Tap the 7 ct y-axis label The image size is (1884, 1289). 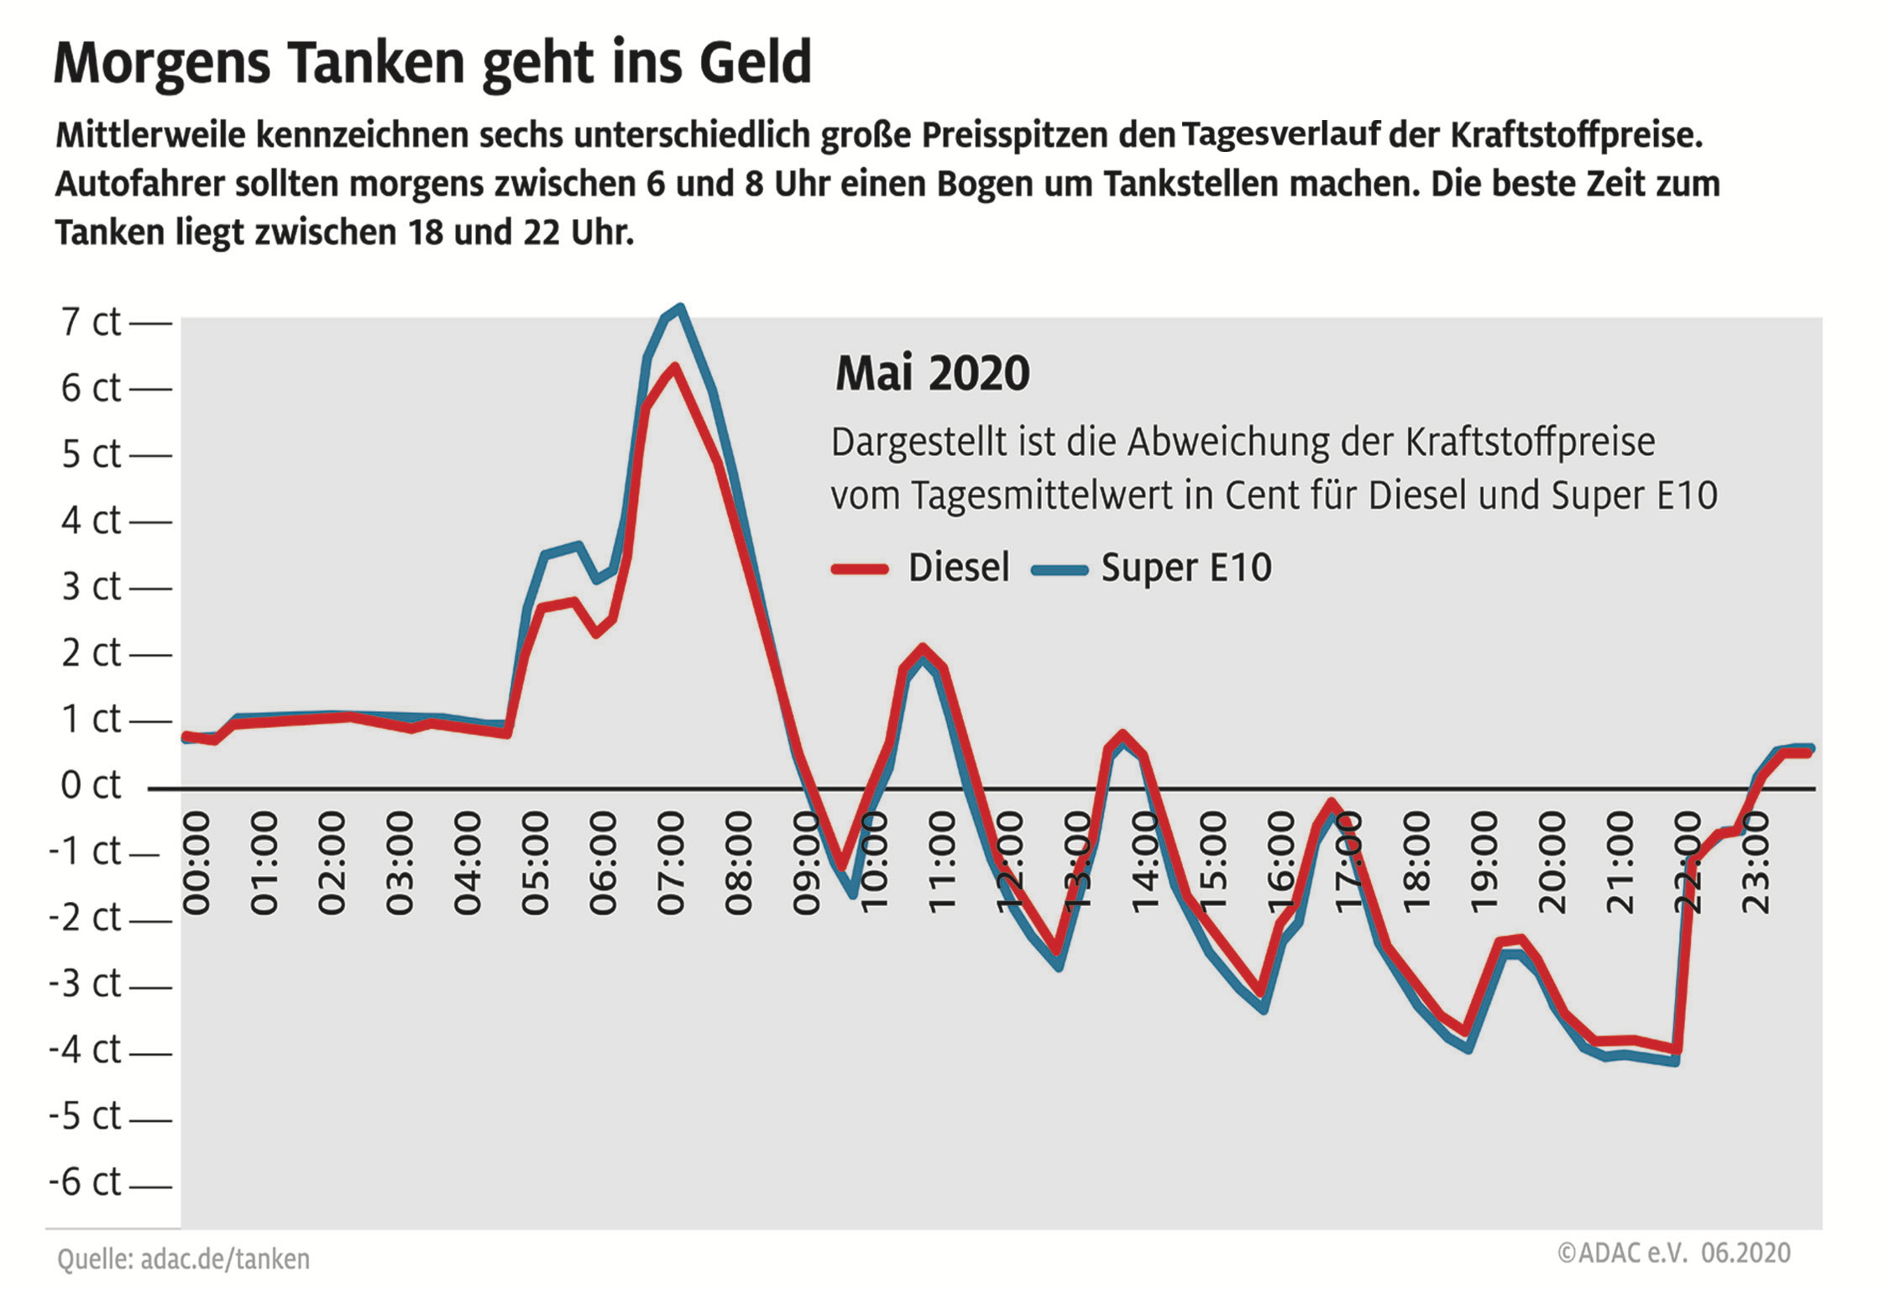[x=91, y=322]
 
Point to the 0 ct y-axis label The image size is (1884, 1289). [x=91, y=785]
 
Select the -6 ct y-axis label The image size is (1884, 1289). [x=86, y=1182]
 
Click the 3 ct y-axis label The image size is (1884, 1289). [x=91, y=586]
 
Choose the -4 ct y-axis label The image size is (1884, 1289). [x=86, y=1050]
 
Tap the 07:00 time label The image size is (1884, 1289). [x=671, y=862]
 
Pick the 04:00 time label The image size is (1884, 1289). [x=468, y=862]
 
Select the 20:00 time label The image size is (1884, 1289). [x=1552, y=862]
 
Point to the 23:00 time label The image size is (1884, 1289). [x=1756, y=862]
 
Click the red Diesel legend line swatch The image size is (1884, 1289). [x=860, y=569]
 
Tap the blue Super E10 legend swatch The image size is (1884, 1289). [x=1060, y=570]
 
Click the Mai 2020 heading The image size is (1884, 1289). [x=932, y=374]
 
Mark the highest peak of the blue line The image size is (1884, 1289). [x=680, y=307]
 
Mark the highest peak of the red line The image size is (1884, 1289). [x=673, y=367]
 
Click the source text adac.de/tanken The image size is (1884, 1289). [x=225, y=1259]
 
